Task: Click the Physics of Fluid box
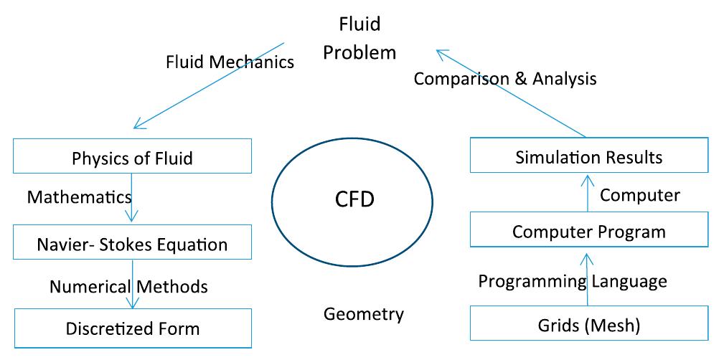(133, 157)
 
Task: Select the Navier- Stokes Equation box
(133, 245)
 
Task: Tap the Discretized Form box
(133, 328)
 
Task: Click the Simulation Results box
(588, 156)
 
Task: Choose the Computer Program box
(588, 232)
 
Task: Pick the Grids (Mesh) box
(588, 325)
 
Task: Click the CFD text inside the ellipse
(354, 199)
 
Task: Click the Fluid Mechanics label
(230, 62)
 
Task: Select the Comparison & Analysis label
(504, 78)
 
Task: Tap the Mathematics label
(79, 196)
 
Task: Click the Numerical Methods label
(128, 287)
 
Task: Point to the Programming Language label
(572, 281)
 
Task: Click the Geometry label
(363, 313)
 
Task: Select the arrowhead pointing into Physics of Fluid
(136, 126)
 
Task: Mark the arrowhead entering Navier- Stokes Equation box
(133, 218)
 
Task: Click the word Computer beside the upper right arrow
(639, 194)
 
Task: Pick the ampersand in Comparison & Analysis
(520, 78)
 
